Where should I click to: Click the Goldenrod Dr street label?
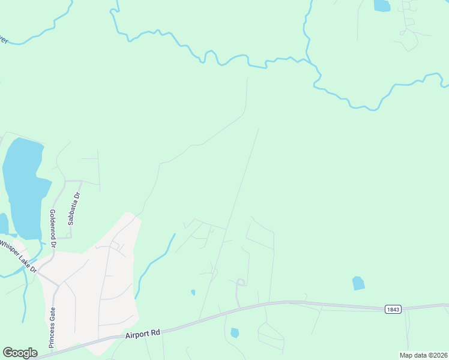pos(53,229)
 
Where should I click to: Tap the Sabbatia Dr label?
pos(73,208)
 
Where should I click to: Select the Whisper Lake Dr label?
pos(18,255)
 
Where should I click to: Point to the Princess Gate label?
pos(52,327)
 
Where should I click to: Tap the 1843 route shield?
pos(393,308)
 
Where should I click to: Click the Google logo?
pos(20,353)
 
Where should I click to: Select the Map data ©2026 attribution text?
pos(423,355)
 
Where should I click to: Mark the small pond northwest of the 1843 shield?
pos(358,283)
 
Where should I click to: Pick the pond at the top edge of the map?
pos(382,5)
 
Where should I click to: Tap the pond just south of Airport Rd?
pos(234,332)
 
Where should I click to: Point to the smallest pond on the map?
pos(193,293)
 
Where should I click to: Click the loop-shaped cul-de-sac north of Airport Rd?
pos(240,283)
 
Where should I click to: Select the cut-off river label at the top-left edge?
pos(4,40)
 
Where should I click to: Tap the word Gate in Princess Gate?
pos(52,316)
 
